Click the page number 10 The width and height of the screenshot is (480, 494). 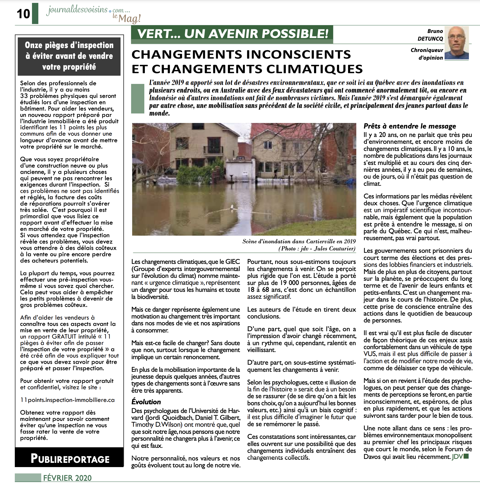click(x=24, y=14)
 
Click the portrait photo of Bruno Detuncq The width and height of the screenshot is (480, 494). click(x=456, y=43)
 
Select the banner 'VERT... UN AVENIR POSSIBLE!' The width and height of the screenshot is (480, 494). click(x=232, y=34)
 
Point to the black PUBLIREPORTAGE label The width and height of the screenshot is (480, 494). click(x=70, y=459)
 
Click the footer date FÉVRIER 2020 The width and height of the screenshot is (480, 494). click(x=67, y=478)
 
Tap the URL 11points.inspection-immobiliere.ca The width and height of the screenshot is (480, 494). click(x=67, y=400)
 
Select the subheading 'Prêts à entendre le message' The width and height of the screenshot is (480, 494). click(x=410, y=126)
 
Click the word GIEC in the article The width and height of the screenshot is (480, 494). click(x=233, y=262)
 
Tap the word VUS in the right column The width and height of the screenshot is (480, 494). click(x=370, y=354)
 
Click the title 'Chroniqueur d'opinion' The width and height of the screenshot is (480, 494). click(x=427, y=54)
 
